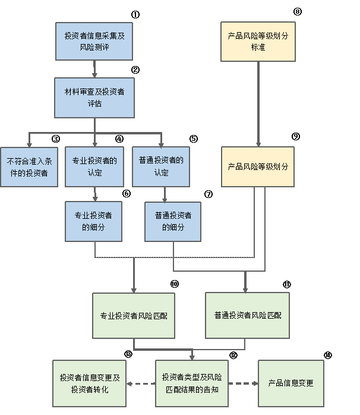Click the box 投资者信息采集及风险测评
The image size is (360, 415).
tap(94, 41)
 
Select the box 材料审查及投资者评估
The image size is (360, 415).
tap(94, 98)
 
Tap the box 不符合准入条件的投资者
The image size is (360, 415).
tap(29, 166)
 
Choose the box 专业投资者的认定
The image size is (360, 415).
tap(94, 166)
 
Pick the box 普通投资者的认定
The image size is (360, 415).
tap(161, 166)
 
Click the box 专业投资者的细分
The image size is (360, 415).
tap(94, 221)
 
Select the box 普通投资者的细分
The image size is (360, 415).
tap(173, 221)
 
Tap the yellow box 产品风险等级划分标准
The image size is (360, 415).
tap(258, 41)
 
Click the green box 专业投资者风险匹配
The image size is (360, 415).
tap(134, 315)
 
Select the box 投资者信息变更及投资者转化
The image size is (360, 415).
tap(90, 383)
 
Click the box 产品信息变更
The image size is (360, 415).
tap(291, 383)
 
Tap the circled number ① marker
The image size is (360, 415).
tap(135, 14)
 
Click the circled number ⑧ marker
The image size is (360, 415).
tap(298, 11)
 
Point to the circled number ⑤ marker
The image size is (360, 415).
tap(194, 139)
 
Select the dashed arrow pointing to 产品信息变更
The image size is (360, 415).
tap(244, 383)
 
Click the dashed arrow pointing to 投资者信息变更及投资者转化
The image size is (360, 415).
tap(141, 383)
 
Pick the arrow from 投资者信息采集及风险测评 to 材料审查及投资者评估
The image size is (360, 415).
tap(94, 69)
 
